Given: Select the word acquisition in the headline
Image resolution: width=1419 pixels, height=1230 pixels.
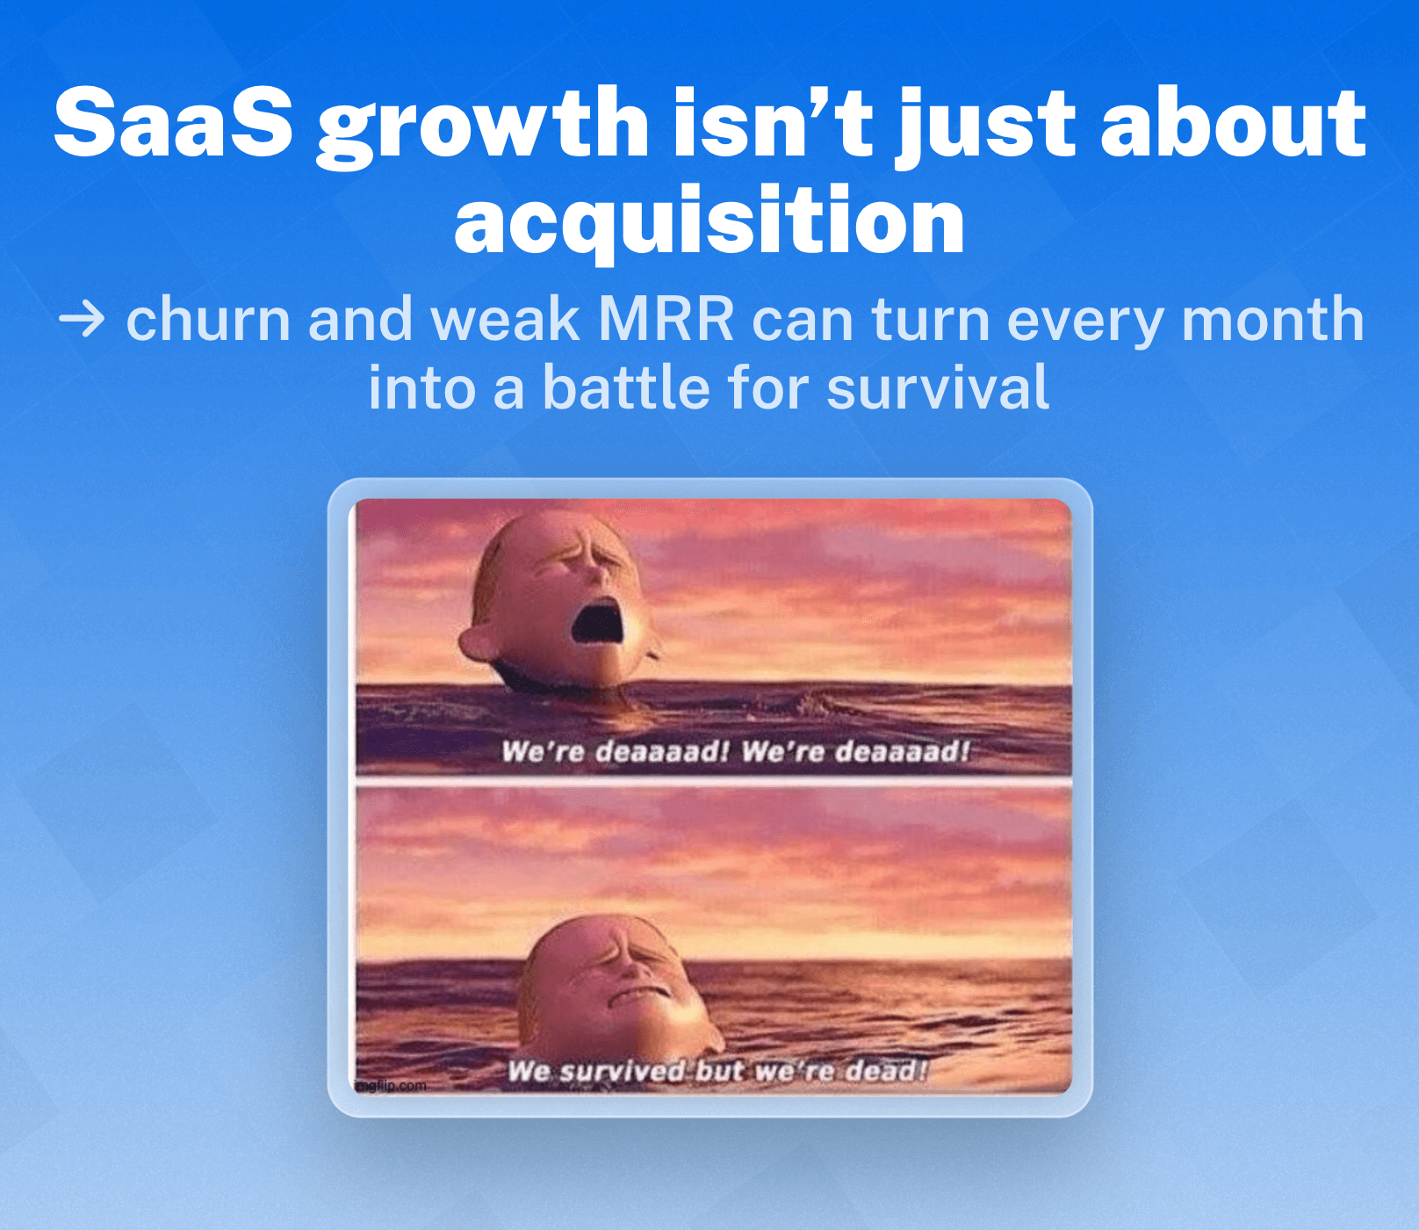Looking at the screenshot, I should pyautogui.click(x=709, y=221).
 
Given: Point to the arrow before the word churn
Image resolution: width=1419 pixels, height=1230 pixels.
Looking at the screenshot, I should pyautogui.click(x=82, y=320).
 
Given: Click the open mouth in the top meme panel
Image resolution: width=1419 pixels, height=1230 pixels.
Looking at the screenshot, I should pyautogui.click(x=598, y=620).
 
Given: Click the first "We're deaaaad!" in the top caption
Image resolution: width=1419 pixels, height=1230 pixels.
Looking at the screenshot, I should pyautogui.click(x=615, y=752).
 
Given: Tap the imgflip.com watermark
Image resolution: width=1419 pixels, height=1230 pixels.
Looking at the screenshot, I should pyautogui.click(x=392, y=1086).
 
